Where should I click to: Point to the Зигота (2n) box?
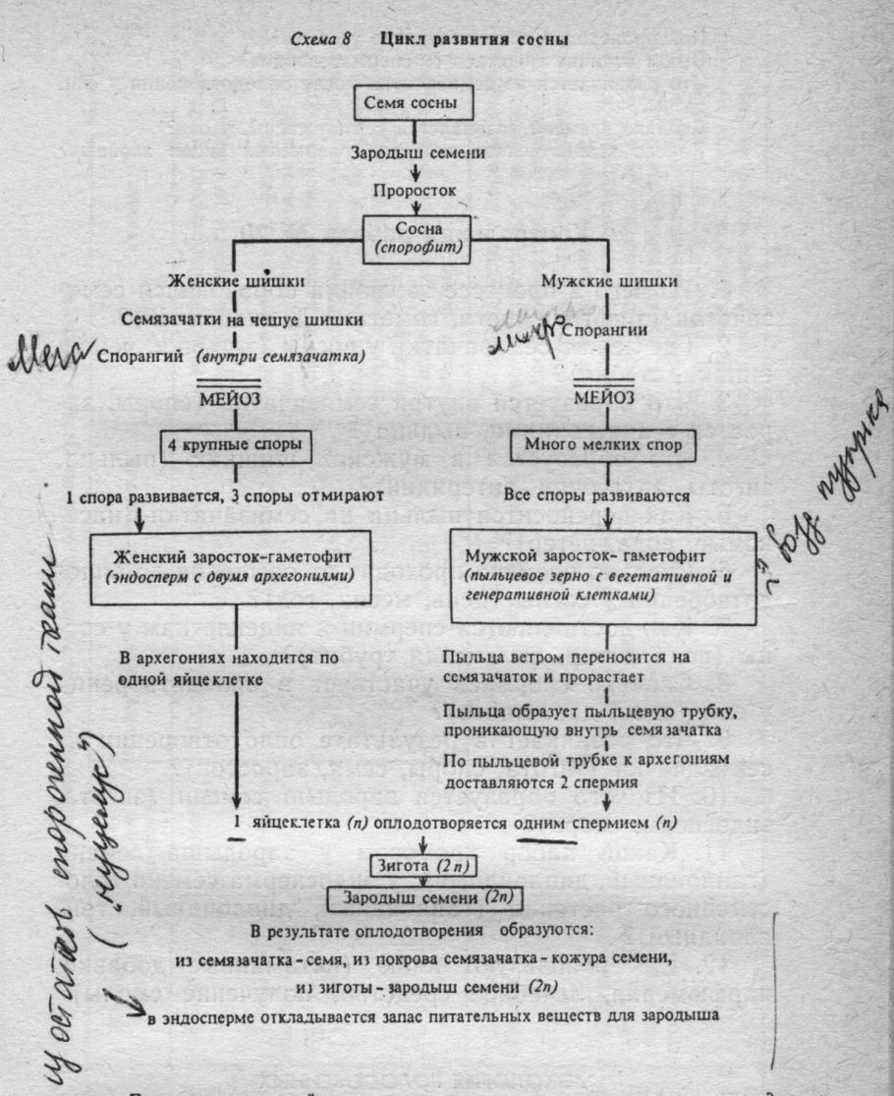(423, 866)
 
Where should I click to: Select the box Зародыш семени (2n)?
(424, 899)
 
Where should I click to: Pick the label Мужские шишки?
(623, 283)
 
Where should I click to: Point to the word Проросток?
(422, 187)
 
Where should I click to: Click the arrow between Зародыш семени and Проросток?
(422, 170)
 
